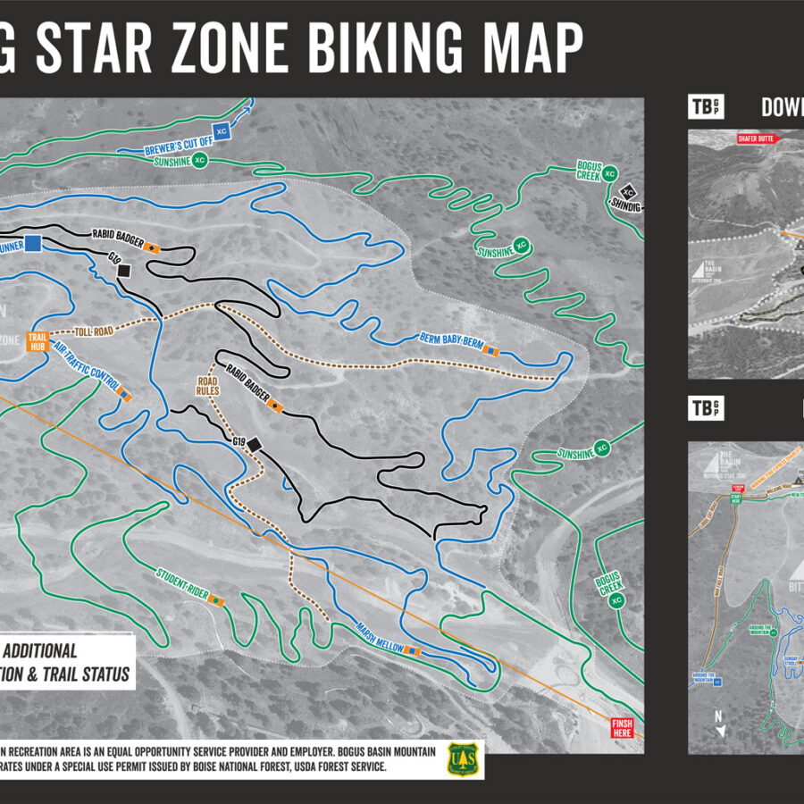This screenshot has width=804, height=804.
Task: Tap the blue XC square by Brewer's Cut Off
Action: click(222, 131)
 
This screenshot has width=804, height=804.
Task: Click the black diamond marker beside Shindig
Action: click(628, 191)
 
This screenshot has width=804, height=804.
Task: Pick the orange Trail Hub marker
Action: click(38, 341)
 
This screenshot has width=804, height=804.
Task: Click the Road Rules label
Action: click(207, 385)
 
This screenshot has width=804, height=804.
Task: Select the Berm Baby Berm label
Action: click(449, 343)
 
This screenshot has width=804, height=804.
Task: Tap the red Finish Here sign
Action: click(621, 728)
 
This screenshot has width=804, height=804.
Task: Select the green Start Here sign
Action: click(734, 498)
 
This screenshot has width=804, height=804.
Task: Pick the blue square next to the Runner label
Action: click(34, 243)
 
